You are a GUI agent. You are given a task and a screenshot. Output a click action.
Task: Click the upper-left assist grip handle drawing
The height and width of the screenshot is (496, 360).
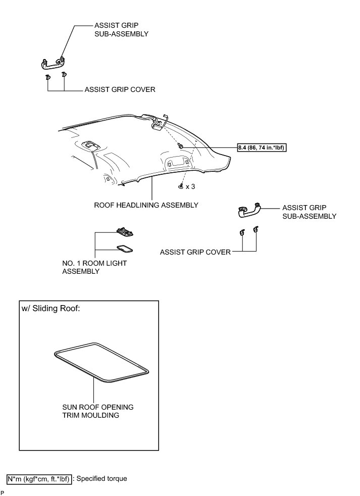click(53, 63)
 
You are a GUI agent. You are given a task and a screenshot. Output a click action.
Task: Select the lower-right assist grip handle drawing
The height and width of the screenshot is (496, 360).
click(249, 209)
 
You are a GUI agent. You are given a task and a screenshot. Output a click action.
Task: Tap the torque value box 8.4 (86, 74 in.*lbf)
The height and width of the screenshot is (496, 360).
click(265, 147)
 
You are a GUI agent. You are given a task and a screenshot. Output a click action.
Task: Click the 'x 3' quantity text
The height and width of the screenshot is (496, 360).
click(190, 186)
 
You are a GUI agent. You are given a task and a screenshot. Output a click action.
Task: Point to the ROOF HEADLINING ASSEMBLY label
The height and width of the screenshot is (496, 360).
click(146, 205)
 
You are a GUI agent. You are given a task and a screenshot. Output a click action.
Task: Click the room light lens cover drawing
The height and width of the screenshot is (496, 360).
click(124, 249)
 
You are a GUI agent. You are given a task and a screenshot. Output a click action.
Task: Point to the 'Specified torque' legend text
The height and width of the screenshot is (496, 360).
click(102, 478)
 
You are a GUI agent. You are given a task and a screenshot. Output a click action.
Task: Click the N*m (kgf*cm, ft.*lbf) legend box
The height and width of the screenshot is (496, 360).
click(39, 478)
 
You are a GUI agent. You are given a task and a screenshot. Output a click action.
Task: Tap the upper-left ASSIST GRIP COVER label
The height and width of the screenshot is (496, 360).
click(120, 89)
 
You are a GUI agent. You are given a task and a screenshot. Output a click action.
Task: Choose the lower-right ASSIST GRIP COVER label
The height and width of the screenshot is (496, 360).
click(195, 252)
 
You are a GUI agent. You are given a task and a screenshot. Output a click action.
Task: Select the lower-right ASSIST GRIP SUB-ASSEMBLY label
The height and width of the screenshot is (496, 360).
click(309, 212)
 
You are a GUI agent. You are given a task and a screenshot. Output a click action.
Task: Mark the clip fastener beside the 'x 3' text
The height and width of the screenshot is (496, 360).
click(181, 186)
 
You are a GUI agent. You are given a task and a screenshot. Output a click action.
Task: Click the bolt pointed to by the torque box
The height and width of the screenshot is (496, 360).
click(180, 145)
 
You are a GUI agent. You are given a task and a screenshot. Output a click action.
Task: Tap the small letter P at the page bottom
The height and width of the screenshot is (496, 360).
click(3, 492)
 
